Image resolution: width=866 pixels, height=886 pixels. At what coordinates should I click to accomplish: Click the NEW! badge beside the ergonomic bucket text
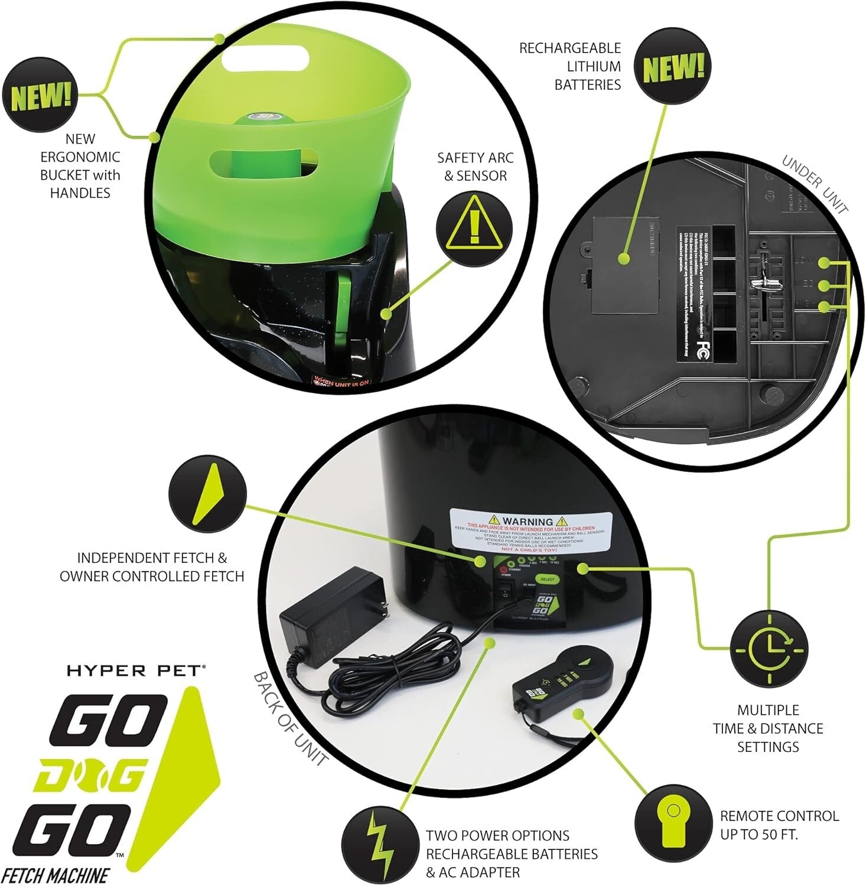(40, 96)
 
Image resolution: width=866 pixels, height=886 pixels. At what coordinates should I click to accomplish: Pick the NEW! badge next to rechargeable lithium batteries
(673, 68)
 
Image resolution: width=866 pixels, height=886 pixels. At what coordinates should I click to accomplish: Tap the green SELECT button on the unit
(548, 579)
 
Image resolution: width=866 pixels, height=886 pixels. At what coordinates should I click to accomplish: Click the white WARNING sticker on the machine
(531, 530)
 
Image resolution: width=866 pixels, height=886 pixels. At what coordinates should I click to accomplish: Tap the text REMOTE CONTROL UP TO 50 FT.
(779, 825)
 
